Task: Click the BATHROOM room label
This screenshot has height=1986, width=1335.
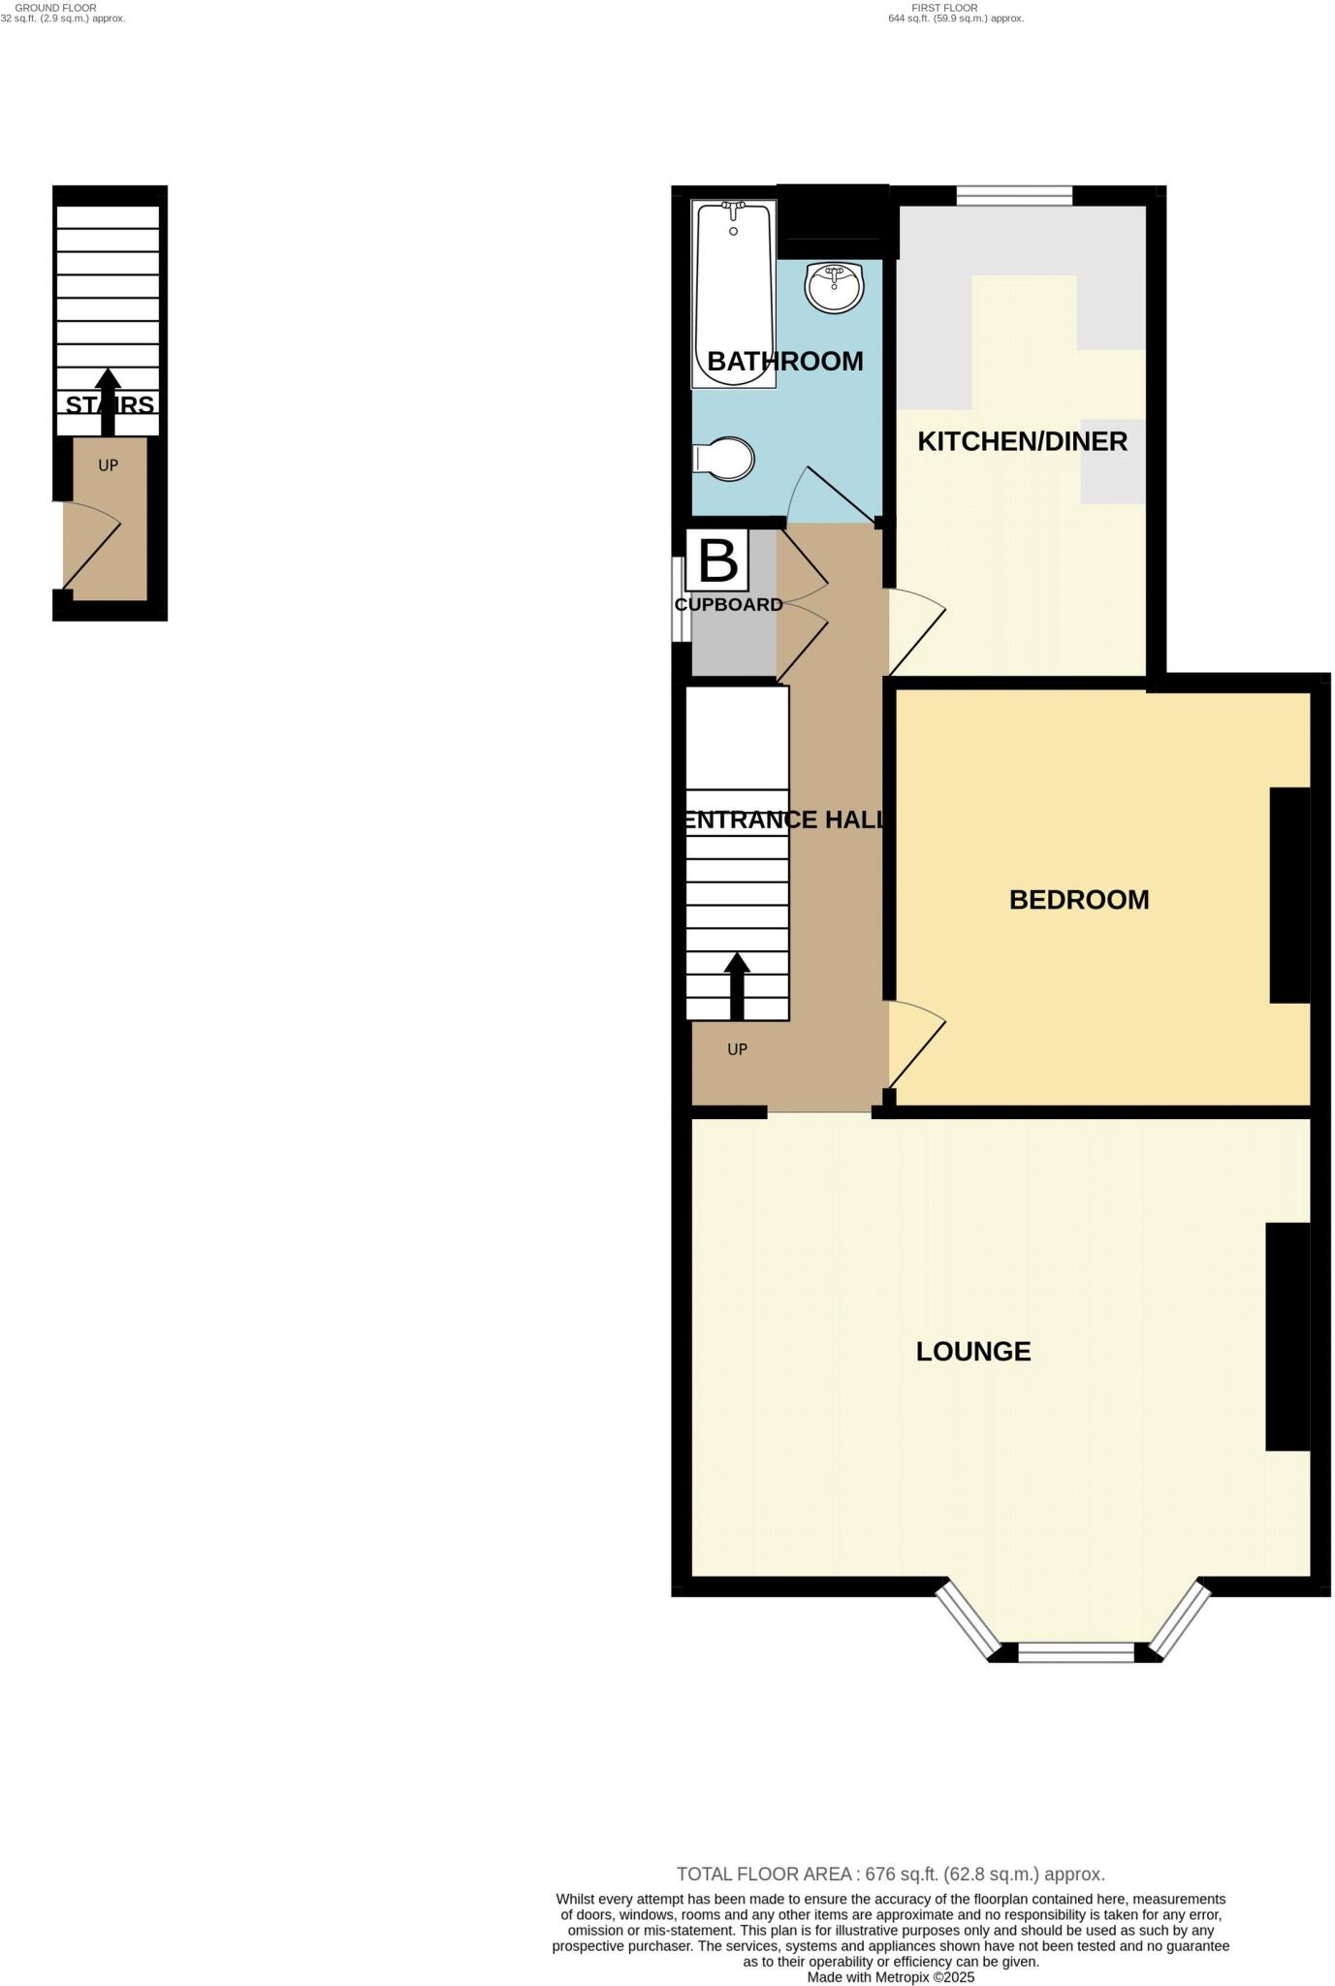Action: tap(784, 362)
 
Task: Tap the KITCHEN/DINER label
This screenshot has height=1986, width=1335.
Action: tap(1022, 442)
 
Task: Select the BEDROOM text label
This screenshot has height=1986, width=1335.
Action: tap(1079, 900)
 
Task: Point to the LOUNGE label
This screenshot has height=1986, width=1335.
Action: tap(973, 1352)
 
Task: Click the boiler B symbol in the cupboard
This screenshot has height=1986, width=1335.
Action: tap(717, 560)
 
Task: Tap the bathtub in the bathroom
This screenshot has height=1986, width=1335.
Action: tap(733, 292)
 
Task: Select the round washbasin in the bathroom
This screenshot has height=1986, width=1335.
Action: tap(833, 288)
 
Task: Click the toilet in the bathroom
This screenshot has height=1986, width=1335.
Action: tap(725, 459)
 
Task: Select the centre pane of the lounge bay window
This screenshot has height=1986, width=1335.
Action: tap(1076, 1651)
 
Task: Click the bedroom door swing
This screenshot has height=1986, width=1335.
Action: tap(913, 1042)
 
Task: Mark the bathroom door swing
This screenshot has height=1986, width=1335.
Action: tap(832, 495)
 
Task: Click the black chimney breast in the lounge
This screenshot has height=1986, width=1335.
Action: tap(1287, 1336)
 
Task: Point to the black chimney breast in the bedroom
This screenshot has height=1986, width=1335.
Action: tap(1289, 894)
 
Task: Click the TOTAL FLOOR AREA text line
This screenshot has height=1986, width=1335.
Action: tap(890, 1874)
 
